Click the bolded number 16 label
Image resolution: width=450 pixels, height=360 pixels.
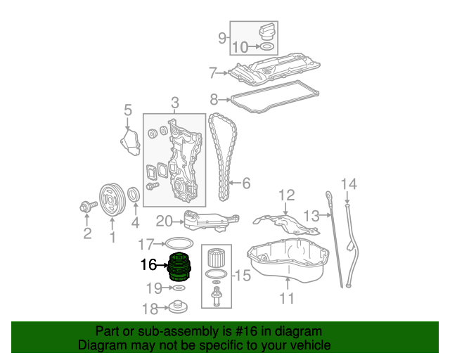point(148,265)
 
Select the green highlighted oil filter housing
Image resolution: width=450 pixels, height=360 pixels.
point(181,266)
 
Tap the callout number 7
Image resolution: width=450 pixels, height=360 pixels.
point(212,72)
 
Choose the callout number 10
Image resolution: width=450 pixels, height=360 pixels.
point(240,48)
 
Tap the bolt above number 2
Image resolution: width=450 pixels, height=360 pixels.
point(88,206)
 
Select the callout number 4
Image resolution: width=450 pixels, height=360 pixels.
point(135,224)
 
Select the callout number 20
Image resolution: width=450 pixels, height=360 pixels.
point(164,221)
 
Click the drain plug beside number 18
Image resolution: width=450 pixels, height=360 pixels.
point(176,307)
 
